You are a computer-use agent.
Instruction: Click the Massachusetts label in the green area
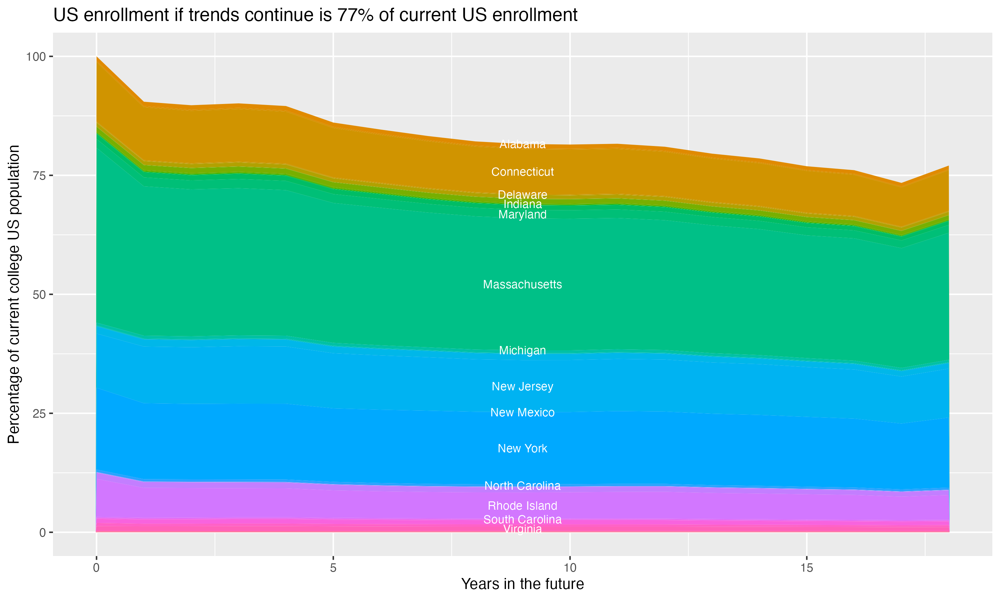click(522, 285)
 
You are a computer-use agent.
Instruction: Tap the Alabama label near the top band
click(522, 144)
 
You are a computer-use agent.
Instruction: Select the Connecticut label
click(522, 172)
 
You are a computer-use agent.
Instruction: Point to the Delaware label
click(522, 194)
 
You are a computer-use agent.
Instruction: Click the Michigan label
click(522, 351)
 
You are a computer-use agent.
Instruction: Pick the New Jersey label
click(522, 387)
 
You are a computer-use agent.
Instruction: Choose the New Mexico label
click(522, 412)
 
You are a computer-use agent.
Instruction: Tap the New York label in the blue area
click(522, 448)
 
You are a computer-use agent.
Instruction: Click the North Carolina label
click(522, 486)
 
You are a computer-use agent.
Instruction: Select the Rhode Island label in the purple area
click(522, 506)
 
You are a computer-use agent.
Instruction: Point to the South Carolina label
click(522, 520)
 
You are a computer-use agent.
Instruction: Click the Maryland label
click(522, 215)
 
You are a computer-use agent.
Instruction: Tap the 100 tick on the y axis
click(36, 57)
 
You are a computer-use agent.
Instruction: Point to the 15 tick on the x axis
click(806, 568)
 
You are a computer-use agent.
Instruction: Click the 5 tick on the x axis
click(333, 568)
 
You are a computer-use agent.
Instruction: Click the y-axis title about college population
click(14, 294)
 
